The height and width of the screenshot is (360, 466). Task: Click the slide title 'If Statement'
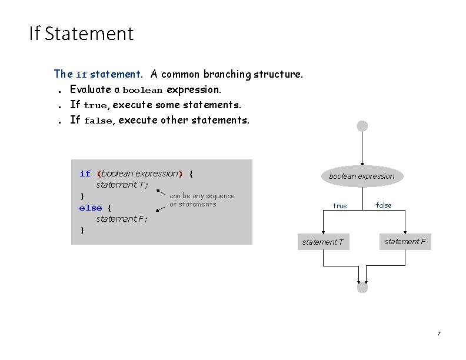(x=81, y=34)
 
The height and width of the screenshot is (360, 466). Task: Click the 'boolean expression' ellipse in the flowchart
(x=361, y=176)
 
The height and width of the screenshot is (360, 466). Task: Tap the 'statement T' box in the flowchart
(x=324, y=242)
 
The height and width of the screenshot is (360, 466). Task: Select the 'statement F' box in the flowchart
(x=405, y=241)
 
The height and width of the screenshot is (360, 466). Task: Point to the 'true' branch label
(x=339, y=206)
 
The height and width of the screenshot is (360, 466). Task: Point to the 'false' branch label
(x=384, y=205)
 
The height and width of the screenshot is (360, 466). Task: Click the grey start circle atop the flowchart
(x=362, y=126)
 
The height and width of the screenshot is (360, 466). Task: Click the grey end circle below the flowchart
(x=362, y=288)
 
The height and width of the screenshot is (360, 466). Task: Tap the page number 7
(x=438, y=334)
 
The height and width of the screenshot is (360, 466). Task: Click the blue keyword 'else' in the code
(x=91, y=208)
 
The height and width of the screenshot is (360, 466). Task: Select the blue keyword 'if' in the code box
(x=85, y=174)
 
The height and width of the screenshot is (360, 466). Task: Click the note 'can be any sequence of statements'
(x=201, y=200)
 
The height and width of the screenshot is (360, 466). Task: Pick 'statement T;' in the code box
(x=122, y=185)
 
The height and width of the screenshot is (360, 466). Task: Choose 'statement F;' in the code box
(x=122, y=219)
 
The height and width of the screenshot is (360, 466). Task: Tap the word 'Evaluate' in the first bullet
(x=91, y=89)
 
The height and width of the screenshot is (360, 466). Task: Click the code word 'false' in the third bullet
(x=98, y=121)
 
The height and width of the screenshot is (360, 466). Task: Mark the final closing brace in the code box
(x=82, y=230)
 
